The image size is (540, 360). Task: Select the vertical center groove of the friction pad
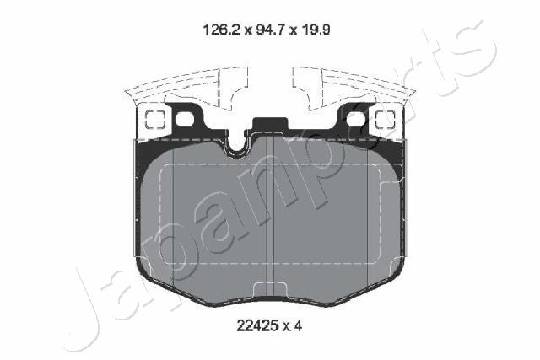[268, 219]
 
